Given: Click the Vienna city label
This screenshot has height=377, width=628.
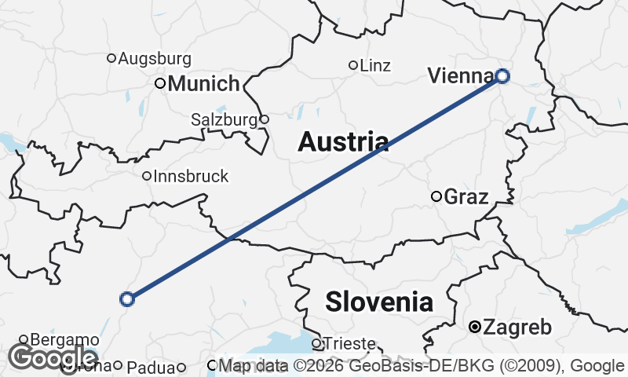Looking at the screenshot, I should point(461,75).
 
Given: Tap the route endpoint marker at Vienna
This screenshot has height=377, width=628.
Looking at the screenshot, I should point(502,76).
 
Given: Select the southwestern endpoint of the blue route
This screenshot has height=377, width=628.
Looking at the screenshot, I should point(127,298).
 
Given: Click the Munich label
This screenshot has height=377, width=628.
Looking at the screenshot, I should point(203,83).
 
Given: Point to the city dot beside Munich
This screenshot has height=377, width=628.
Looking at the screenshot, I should point(160,83).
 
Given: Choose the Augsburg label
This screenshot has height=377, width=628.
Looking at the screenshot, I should point(155,58).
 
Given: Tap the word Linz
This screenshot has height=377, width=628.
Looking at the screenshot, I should point(375,66).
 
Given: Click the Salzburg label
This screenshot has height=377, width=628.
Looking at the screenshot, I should point(224,120).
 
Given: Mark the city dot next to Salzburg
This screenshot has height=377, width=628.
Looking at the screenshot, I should point(265,119).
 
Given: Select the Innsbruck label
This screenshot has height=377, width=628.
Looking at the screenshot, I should point(191,177).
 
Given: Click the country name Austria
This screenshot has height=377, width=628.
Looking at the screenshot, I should point(344,141).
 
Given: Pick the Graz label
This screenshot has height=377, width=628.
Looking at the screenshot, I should point(466,197).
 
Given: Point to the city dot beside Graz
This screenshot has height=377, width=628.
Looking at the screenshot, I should point(436,196).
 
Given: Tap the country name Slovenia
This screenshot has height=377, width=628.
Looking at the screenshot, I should point(379,301).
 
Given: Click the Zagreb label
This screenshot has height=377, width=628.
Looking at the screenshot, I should point(518,328).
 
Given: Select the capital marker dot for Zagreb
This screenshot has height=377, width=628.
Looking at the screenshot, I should point(475,327).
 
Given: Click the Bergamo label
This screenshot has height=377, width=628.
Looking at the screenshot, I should point(64,340).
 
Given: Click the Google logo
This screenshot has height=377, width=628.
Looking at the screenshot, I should point(42,357).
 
